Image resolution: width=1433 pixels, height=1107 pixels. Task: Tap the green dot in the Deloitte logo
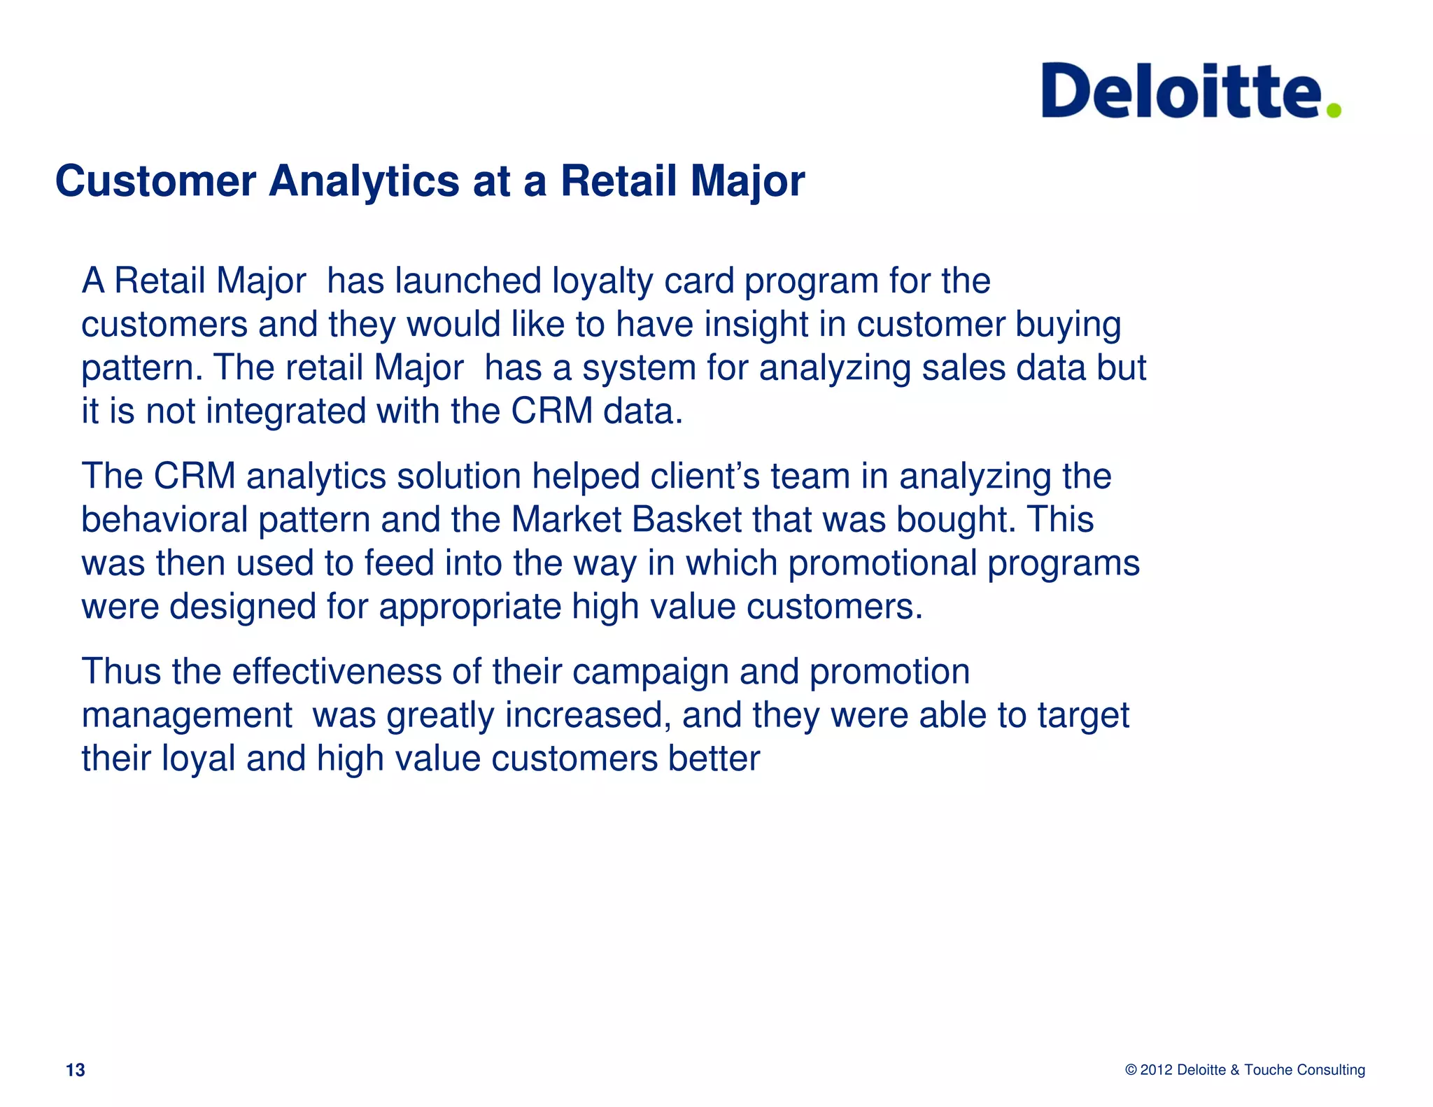[1334, 110]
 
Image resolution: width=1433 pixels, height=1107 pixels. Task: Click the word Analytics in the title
[364, 181]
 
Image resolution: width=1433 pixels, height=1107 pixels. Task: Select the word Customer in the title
[155, 181]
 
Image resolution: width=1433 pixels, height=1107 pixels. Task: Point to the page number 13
[75, 1070]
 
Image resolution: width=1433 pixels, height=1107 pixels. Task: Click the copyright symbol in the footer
[1131, 1070]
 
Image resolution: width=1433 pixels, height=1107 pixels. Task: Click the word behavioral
[164, 520]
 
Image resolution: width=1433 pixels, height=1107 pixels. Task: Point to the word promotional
[882, 563]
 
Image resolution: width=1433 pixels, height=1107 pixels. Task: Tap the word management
[186, 715]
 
